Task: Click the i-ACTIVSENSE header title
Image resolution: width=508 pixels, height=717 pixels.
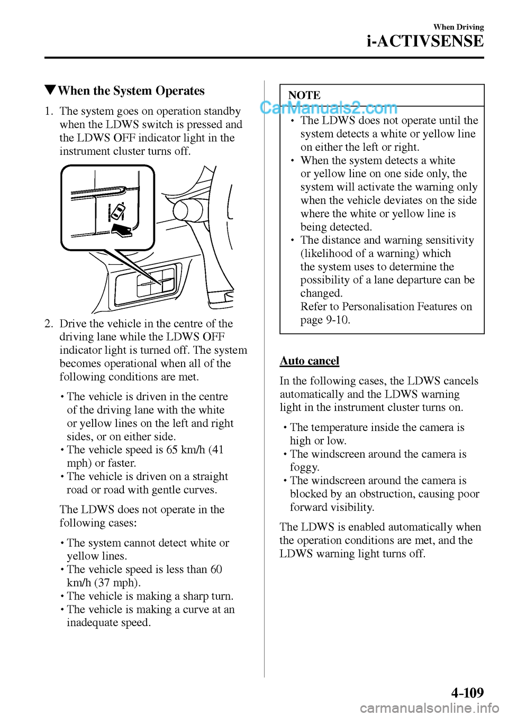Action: (x=425, y=41)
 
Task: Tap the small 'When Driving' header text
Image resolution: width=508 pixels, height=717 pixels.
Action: (x=458, y=27)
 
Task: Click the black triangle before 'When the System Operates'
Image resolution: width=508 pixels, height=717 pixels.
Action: (x=50, y=90)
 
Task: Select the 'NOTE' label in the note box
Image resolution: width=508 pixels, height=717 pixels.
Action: (x=304, y=95)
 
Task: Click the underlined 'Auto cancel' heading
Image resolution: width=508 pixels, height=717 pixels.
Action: (x=310, y=361)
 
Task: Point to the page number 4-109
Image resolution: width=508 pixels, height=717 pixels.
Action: (x=467, y=693)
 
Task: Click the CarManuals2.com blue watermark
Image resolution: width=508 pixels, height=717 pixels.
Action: (x=328, y=108)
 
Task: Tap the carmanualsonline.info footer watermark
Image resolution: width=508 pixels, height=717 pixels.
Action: (x=429, y=707)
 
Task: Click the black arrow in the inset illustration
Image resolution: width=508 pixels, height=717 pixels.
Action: (x=122, y=230)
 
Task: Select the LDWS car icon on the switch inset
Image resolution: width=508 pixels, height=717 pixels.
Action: (x=116, y=212)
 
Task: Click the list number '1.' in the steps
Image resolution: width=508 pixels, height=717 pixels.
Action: (x=49, y=111)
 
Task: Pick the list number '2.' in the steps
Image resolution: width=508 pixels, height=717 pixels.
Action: (x=49, y=324)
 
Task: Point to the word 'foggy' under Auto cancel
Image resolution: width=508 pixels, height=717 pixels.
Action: (x=304, y=467)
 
